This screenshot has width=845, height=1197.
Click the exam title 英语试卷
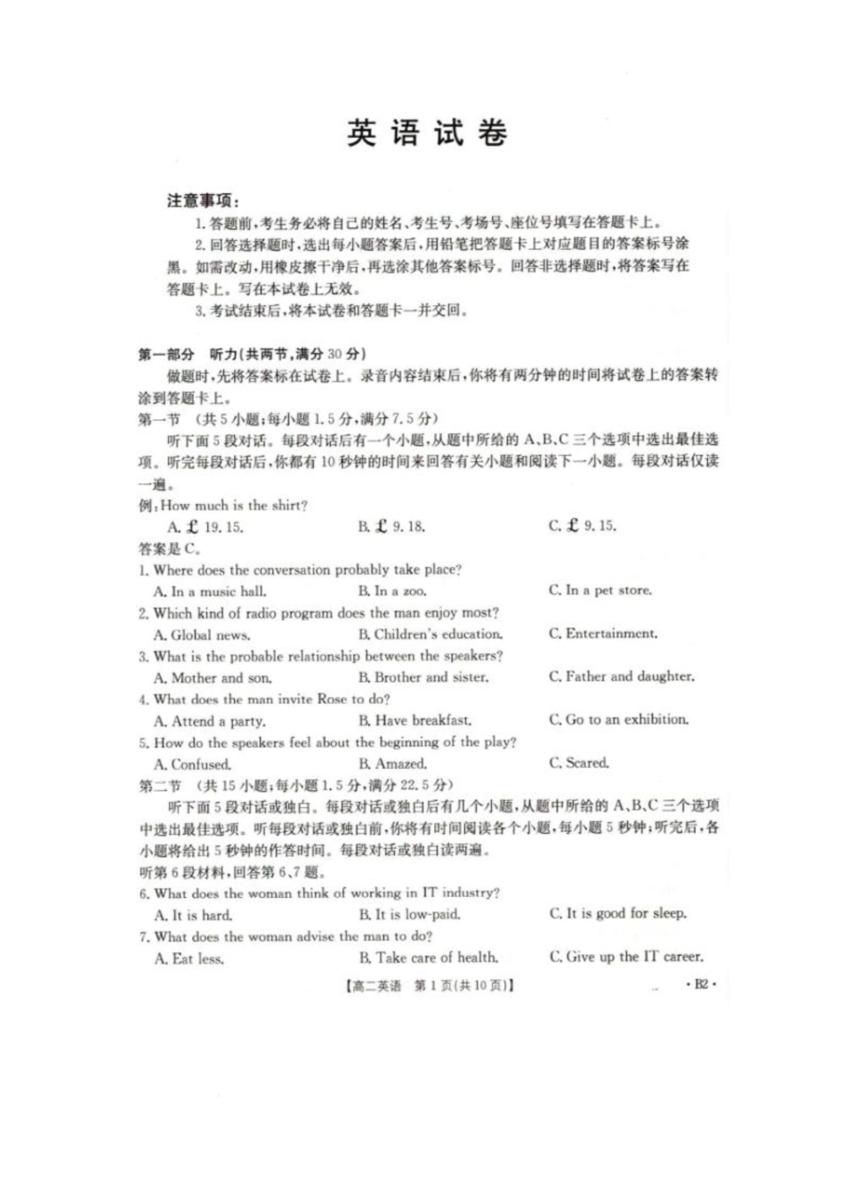[426, 133]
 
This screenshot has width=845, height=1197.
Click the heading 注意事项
[202, 200]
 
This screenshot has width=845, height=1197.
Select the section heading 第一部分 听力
[251, 354]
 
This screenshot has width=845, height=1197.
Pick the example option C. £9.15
[583, 526]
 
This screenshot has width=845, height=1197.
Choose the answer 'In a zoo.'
[392, 591]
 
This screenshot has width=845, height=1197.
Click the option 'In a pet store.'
[600, 590]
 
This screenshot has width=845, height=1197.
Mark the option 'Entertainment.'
[603, 634]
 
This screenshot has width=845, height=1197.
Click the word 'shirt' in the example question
[287, 505]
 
